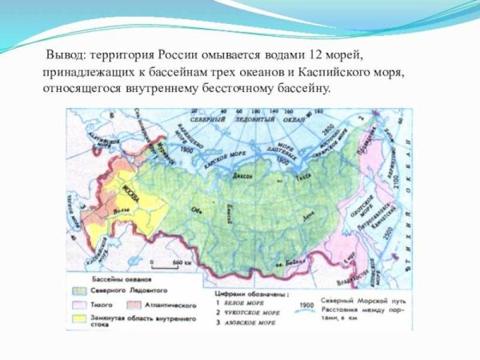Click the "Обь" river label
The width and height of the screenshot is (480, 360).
(x=194, y=211)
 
